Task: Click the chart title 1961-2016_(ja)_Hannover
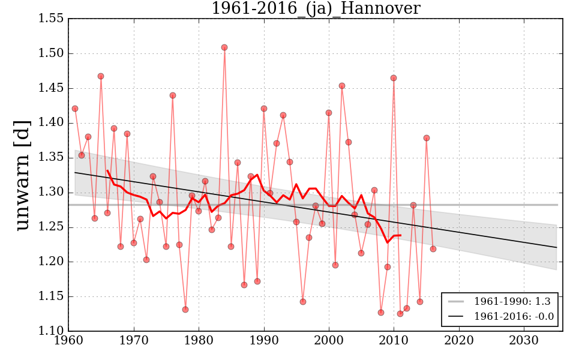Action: pos(315,8)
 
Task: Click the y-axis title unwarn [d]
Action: pos(22,174)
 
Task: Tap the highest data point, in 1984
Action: pos(224,47)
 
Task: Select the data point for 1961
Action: pos(75,109)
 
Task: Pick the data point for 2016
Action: pos(433,249)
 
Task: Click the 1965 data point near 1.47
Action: pos(101,76)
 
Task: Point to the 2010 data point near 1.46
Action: pos(394,78)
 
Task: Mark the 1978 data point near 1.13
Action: pos(185,310)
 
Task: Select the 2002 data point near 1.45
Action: pos(342,86)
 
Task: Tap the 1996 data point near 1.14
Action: pos(303,302)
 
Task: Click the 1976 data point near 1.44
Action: pos(173,95)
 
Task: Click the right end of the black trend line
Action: pos(557,247)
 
